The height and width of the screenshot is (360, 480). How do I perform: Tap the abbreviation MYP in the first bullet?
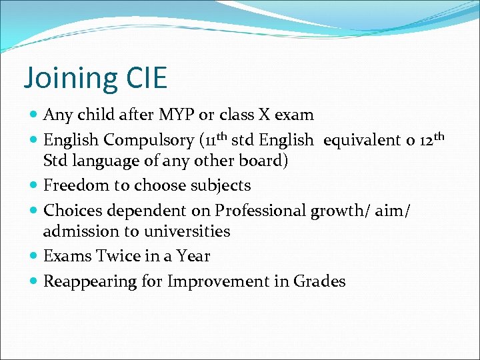point(176,115)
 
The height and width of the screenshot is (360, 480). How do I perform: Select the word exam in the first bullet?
point(293,115)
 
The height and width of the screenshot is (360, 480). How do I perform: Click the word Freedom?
point(72,185)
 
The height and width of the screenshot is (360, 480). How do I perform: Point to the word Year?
point(193,257)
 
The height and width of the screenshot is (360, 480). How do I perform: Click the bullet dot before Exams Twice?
point(34,257)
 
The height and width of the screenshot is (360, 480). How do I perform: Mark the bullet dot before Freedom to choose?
point(34,185)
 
